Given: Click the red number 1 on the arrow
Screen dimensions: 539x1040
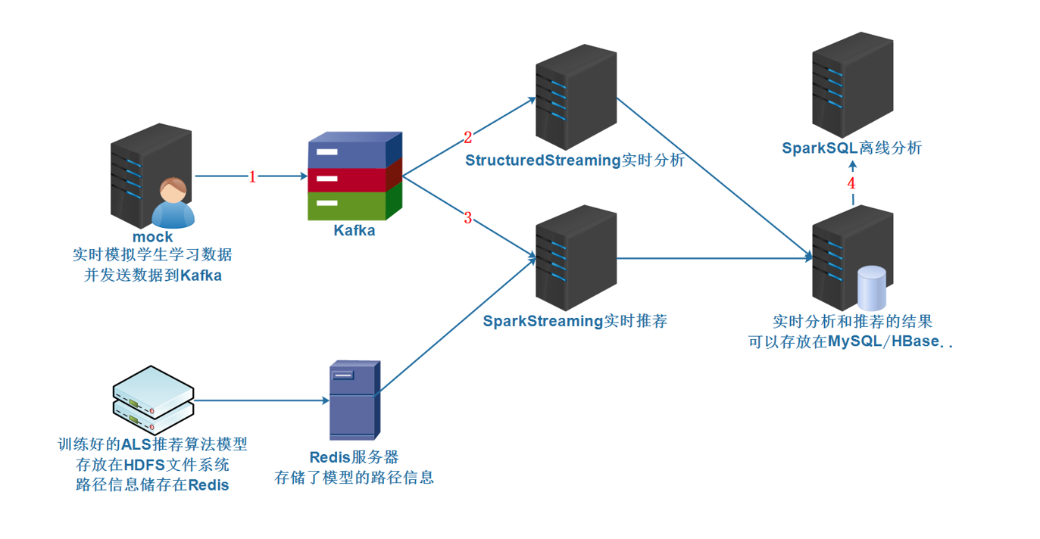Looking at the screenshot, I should [253, 177].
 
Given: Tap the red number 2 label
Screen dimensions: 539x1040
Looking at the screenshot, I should [467, 137].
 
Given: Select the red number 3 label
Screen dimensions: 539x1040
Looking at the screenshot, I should [467, 218].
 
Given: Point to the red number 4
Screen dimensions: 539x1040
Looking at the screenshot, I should [851, 183].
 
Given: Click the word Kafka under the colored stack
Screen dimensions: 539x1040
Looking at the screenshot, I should [354, 231].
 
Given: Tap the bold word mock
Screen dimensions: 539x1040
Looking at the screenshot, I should [153, 237].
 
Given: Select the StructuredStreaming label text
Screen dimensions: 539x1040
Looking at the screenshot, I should [542, 160].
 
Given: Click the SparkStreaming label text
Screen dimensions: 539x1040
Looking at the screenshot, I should [542, 321].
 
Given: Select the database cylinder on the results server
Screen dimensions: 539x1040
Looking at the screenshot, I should [871, 288].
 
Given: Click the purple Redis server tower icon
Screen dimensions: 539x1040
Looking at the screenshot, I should [354, 400].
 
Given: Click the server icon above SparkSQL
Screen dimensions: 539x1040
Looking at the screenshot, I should [851, 83].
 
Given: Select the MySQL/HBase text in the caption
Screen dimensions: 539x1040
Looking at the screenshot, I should [882, 341].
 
